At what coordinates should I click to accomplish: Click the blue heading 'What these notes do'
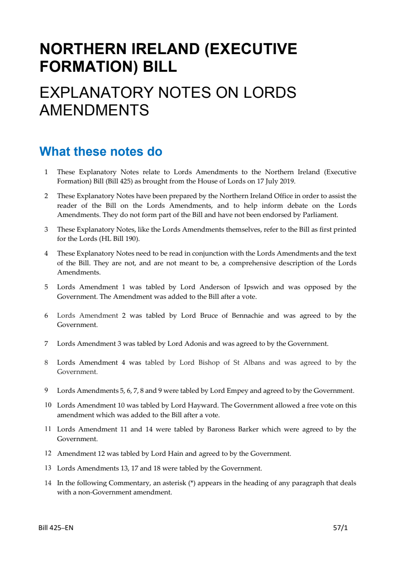tap(101, 152)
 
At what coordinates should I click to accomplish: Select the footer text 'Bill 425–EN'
tap(56, 528)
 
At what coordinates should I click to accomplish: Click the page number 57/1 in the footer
tap(340, 528)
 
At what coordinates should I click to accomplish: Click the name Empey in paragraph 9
tap(237, 391)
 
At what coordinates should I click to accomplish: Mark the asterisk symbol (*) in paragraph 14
tap(192, 483)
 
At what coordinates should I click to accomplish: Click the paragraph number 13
tap(48, 468)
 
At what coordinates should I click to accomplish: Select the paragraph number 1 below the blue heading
tap(46, 172)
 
